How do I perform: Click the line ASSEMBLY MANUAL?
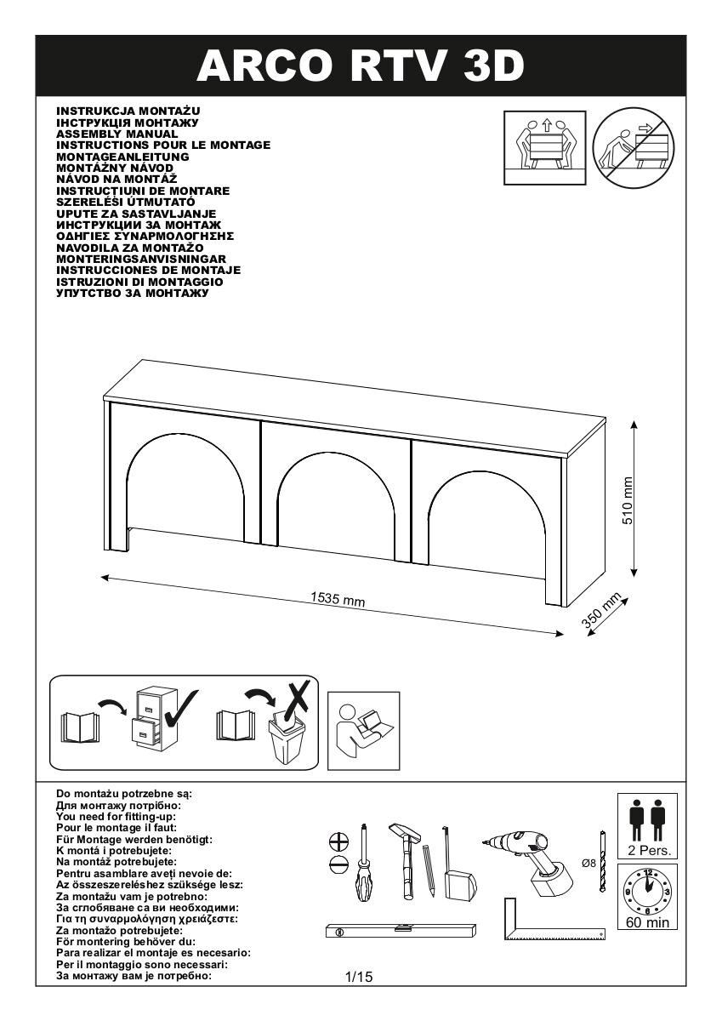117,134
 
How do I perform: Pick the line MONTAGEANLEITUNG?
122,157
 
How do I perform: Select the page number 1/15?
359,978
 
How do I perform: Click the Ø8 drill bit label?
588,863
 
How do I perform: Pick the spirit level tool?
397,932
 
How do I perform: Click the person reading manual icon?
363,727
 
